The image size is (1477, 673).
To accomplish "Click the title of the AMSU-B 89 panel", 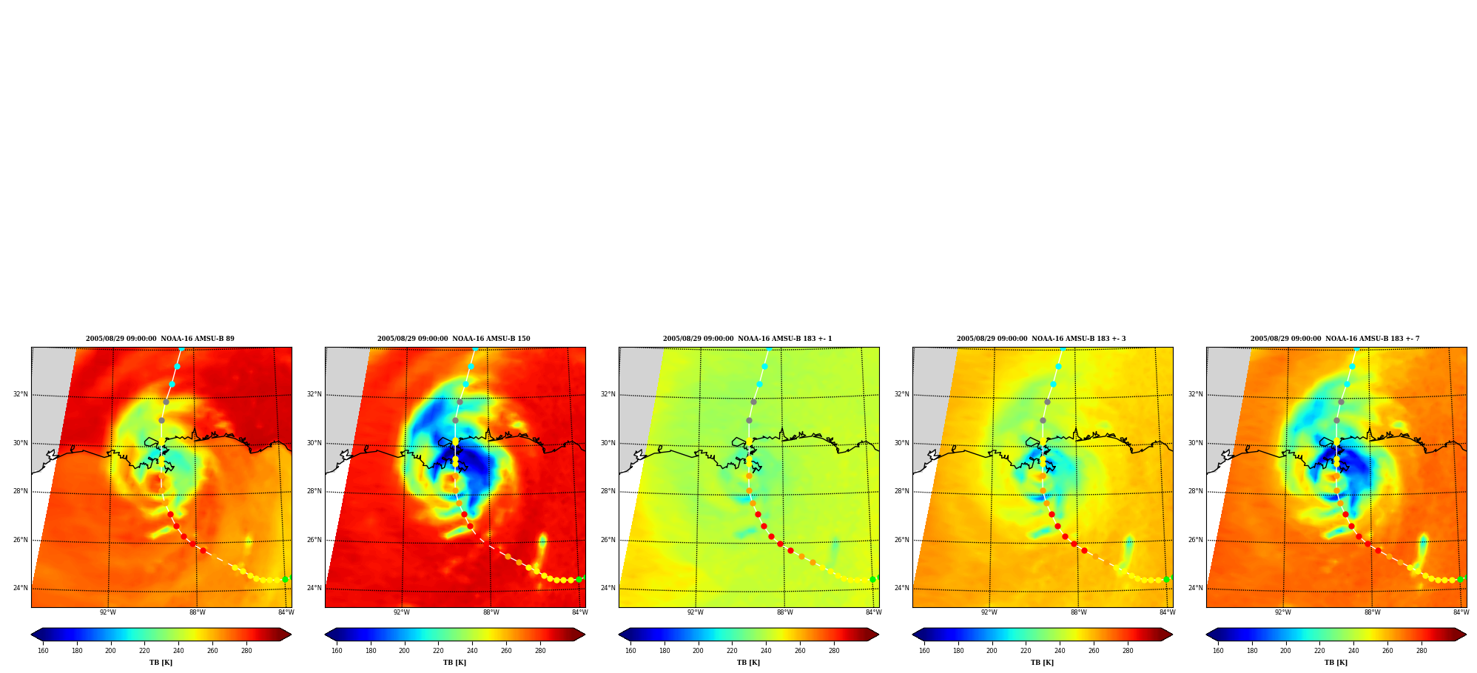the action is coord(160,339).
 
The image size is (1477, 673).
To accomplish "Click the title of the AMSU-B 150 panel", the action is coord(454,339).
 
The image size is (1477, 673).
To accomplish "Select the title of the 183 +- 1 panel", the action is coord(747,339).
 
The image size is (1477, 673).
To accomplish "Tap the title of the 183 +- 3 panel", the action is coord(1041,339).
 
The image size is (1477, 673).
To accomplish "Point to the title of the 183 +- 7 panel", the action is coord(1335,339).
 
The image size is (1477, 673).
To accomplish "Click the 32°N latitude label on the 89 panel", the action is coord(21,394).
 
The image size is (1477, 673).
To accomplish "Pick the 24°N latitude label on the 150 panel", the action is coord(314,588).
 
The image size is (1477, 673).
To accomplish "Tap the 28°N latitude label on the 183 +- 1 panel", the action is coord(608,491).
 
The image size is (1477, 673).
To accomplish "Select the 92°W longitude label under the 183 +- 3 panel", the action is coord(989,612).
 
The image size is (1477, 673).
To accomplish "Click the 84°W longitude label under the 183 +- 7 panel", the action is coord(1461,612).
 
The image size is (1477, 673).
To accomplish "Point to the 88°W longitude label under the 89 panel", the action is coord(197,612).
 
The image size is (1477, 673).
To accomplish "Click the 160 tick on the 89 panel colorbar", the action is coord(43,651).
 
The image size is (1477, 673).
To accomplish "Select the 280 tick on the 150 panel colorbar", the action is coord(540,651).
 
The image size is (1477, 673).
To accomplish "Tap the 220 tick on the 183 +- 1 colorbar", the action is coord(732,651).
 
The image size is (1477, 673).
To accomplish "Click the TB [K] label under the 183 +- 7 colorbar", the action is coord(1336,663).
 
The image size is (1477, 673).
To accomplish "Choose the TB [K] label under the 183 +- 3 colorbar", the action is coord(1042,663).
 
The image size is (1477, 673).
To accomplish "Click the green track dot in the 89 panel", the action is coord(285,580).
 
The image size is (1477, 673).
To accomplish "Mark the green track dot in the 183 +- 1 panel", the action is coord(872,580).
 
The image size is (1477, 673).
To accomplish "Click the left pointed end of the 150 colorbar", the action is coord(326,635).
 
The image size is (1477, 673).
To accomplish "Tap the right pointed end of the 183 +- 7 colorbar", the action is coord(1465,635).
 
